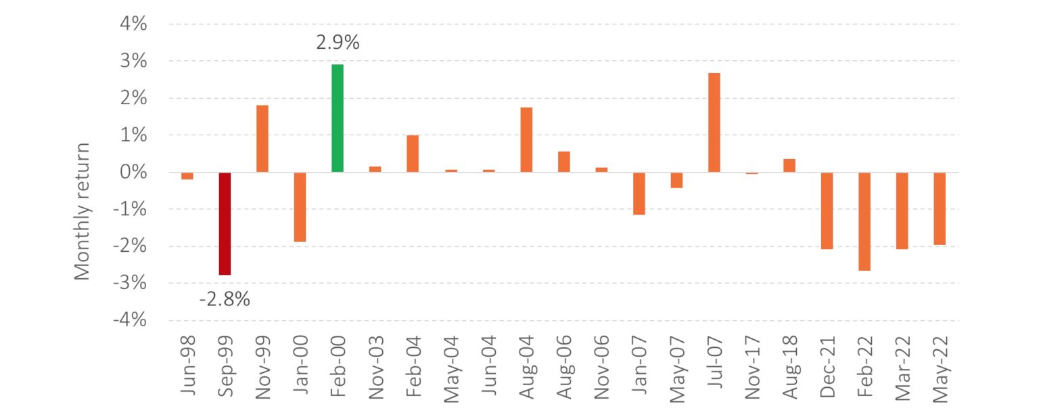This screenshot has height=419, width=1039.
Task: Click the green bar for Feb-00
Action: (x=338, y=118)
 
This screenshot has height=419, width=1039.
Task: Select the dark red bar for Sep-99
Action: (x=225, y=223)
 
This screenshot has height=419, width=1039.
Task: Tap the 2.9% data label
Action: (x=338, y=43)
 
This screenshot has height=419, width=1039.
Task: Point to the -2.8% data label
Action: (x=225, y=299)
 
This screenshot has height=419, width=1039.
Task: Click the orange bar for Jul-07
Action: (x=714, y=123)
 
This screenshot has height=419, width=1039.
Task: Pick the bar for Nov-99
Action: (x=262, y=139)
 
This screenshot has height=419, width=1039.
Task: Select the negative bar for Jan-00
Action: (x=300, y=207)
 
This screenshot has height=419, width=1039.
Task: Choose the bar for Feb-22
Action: (x=864, y=221)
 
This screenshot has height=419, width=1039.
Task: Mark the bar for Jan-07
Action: (x=639, y=194)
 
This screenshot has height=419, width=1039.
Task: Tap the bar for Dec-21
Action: (x=827, y=211)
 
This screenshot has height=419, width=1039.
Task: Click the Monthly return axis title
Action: (x=82, y=211)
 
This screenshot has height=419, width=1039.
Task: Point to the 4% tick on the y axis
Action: (x=133, y=24)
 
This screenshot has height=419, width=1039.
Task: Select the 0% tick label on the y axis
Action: (x=133, y=172)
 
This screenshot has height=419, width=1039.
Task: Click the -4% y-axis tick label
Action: (x=130, y=319)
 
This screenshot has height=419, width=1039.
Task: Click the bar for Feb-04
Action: (x=413, y=154)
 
